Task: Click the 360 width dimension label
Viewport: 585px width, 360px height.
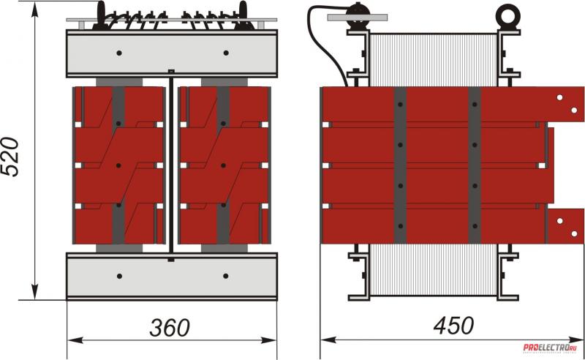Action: [x=170, y=327]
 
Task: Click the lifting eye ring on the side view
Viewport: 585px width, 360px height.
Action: [x=505, y=15]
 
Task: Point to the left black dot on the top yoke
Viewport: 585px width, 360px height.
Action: [x=119, y=53]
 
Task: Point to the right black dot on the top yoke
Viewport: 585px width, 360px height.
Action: [x=225, y=53]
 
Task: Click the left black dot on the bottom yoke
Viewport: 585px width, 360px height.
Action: [x=119, y=276]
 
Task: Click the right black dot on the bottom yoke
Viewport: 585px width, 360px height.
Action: [x=225, y=276]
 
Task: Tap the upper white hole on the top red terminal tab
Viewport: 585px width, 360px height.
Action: [x=559, y=97]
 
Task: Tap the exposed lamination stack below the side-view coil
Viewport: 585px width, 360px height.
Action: [x=434, y=271]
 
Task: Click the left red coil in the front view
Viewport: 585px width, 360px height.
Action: [x=119, y=165]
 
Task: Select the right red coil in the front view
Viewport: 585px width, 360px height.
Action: [x=224, y=165]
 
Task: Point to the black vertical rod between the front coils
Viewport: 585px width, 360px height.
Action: [x=171, y=165]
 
